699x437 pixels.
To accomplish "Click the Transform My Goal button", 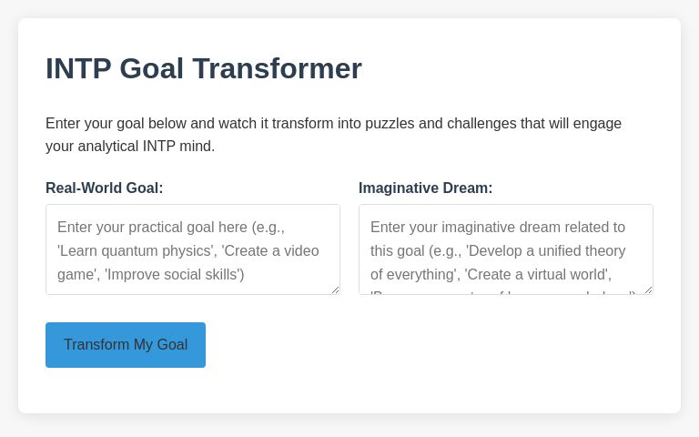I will coord(126,345).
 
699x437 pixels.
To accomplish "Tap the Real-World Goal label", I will coord(105,188).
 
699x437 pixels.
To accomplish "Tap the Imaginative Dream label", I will coord(425,188).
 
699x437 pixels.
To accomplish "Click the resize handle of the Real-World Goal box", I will coord(335,290).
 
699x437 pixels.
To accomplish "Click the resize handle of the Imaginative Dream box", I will coord(648,290).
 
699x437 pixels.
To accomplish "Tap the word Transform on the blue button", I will coord(96,345).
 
